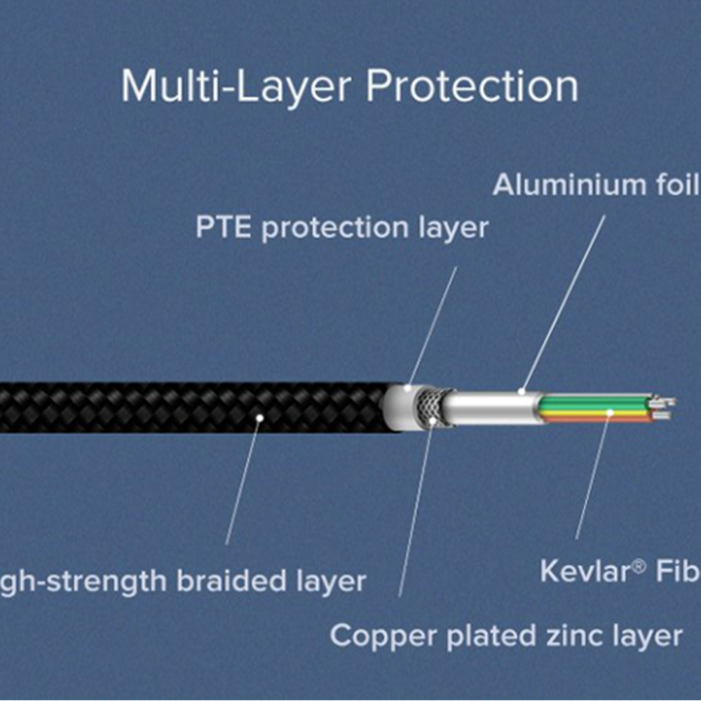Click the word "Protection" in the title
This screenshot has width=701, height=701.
tap(472, 86)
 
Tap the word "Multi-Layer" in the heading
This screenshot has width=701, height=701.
tap(237, 86)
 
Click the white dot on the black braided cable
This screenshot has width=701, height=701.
tap(259, 418)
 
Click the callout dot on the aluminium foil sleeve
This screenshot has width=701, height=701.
tap(522, 390)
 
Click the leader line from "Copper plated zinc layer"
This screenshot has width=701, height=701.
tap(417, 512)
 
